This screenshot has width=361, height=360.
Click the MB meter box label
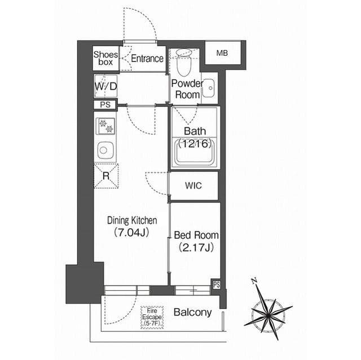(x=222, y=54)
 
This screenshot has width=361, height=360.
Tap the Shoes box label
(x=105, y=58)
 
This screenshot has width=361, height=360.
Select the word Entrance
(x=147, y=59)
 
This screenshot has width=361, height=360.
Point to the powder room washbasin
(x=209, y=88)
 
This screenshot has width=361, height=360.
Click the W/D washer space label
(x=106, y=86)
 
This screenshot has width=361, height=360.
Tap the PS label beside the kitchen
(x=105, y=105)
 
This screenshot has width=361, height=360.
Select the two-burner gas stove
(x=105, y=126)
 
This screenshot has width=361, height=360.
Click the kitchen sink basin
(x=105, y=150)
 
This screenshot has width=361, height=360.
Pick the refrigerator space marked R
(x=106, y=176)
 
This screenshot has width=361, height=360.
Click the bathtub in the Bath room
(x=195, y=152)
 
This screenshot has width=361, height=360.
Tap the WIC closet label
(x=193, y=185)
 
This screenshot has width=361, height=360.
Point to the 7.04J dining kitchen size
(x=131, y=233)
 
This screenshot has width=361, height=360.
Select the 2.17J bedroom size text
(x=196, y=247)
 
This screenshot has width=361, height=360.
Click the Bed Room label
(x=196, y=235)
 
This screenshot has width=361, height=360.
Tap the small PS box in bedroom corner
(x=217, y=285)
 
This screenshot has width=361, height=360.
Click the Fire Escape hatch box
(x=152, y=317)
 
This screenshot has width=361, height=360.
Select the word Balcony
(x=193, y=313)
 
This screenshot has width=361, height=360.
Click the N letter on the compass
(x=254, y=281)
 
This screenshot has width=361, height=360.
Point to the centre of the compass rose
(x=268, y=313)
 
